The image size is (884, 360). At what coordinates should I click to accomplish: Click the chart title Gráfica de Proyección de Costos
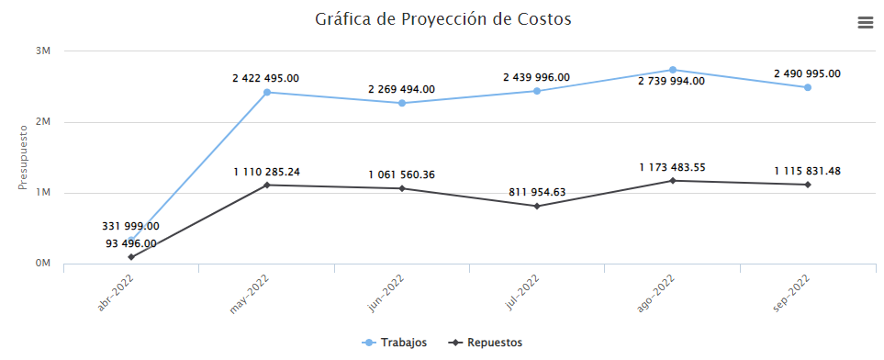tap(442, 19)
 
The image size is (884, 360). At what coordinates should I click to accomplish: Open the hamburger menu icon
tap(865, 23)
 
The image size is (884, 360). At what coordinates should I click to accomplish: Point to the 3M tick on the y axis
tap(43, 51)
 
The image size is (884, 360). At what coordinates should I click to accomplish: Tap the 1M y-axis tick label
tap(43, 193)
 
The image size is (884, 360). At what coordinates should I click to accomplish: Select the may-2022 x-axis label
tap(250, 293)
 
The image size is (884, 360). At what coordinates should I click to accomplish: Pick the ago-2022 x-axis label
tap(656, 293)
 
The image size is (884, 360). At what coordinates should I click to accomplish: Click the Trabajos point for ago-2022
tap(673, 70)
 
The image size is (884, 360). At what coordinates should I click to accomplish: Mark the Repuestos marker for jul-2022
tap(537, 206)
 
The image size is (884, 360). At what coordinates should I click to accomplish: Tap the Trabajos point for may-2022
tap(267, 92)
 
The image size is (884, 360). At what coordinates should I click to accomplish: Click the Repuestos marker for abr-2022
tap(131, 257)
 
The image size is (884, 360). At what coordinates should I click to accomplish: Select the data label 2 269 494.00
tap(401, 89)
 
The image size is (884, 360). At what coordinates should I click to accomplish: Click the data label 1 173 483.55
tap(673, 167)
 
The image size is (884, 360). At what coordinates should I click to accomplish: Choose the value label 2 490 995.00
tap(808, 73)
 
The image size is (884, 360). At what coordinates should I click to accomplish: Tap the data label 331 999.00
tap(130, 226)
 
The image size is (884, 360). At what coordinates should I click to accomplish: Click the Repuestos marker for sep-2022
tap(808, 185)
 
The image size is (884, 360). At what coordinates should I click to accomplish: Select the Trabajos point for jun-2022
tap(401, 103)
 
